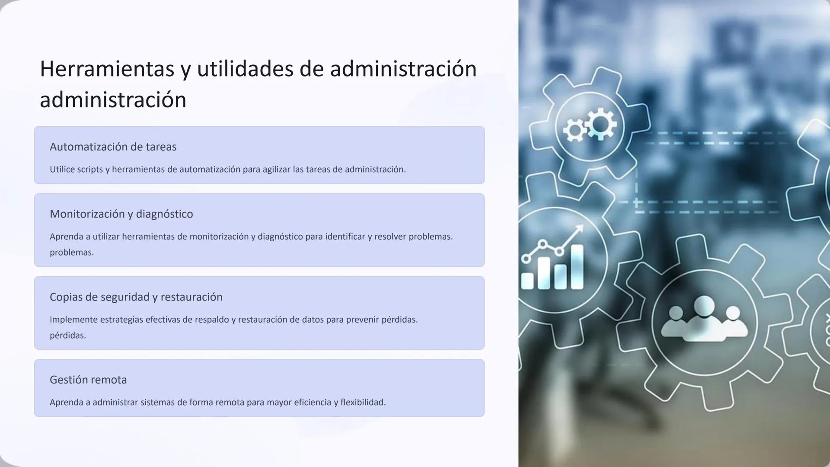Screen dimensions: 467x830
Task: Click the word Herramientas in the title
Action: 107,69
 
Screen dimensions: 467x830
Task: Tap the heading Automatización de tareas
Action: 113,147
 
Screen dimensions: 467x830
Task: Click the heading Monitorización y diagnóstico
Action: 121,214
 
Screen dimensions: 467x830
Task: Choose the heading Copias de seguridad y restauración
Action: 136,297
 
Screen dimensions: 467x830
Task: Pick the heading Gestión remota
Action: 88,380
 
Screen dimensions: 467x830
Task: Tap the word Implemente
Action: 73,320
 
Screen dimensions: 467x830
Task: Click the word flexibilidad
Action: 363,403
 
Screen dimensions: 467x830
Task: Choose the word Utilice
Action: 62,170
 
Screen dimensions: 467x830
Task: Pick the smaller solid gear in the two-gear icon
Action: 575,130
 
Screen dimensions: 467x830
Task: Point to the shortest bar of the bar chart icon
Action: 527,280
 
